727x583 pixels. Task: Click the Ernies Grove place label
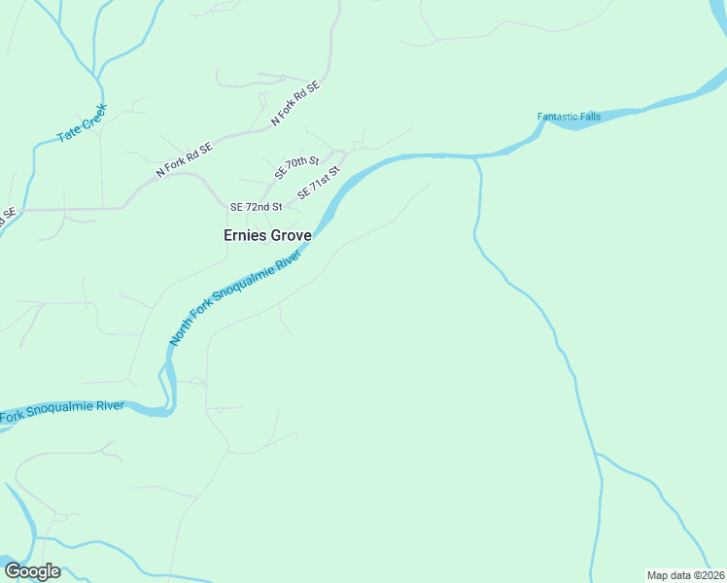(x=267, y=235)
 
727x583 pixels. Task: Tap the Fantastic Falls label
(x=569, y=117)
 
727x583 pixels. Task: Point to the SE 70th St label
(x=296, y=167)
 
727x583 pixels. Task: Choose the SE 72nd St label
(x=256, y=207)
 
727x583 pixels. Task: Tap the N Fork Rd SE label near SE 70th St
(x=295, y=103)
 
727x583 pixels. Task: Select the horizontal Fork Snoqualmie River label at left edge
(x=62, y=412)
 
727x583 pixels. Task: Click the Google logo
(x=33, y=571)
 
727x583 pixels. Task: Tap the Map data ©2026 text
(x=685, y=575)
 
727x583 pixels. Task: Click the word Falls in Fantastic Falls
(x=588, y=117)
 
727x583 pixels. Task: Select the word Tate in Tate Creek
(x=68, y=135)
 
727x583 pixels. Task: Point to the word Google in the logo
(x=33, y=571)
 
